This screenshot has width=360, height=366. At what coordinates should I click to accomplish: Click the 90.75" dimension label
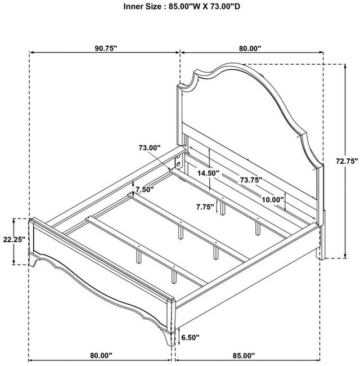pyautogui.click(x=105, y=48)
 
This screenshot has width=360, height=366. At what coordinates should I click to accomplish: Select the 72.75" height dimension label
pyautogui.click(x=346, y=161)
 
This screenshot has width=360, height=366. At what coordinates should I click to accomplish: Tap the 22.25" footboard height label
pyautogui.click(x=14, y=239)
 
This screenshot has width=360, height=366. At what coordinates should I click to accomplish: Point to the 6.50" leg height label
pyautogui.click(x=190, y=337)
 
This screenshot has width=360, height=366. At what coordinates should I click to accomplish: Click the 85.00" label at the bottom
pyautogui.click(x=244, y=356)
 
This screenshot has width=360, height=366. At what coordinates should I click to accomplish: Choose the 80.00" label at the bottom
pyautogui.click(x=101, y=355)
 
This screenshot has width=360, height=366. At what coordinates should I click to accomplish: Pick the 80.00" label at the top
pyautogui.click(x=250, y=48)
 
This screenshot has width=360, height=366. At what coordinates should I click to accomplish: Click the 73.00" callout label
pyautogui.click(x=150, y=148)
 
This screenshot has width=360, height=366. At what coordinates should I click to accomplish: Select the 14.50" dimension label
pyautogui.click(x=209, y=173)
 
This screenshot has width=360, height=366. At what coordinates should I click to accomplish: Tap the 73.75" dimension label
pyautogui.click(x=251, y=180)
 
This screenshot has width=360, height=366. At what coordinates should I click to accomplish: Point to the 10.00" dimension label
pyautogui.click(x=273, y=199)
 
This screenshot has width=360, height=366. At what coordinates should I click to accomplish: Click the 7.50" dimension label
pyautogui.click(x=145, y=189)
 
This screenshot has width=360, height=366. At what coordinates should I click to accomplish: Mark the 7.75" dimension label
pyautogui.click(x=205, y=207)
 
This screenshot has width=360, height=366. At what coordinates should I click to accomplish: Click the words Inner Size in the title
pyautogui.click(x=142, y=7)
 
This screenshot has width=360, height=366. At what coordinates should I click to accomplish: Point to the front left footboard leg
pyautogui.click(x=33, y=260)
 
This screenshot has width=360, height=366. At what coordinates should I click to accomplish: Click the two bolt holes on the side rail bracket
pyautogui.click(x=178, y=161)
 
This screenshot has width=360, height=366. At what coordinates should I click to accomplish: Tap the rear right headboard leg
pyautogui.click(x=321, y=235)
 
